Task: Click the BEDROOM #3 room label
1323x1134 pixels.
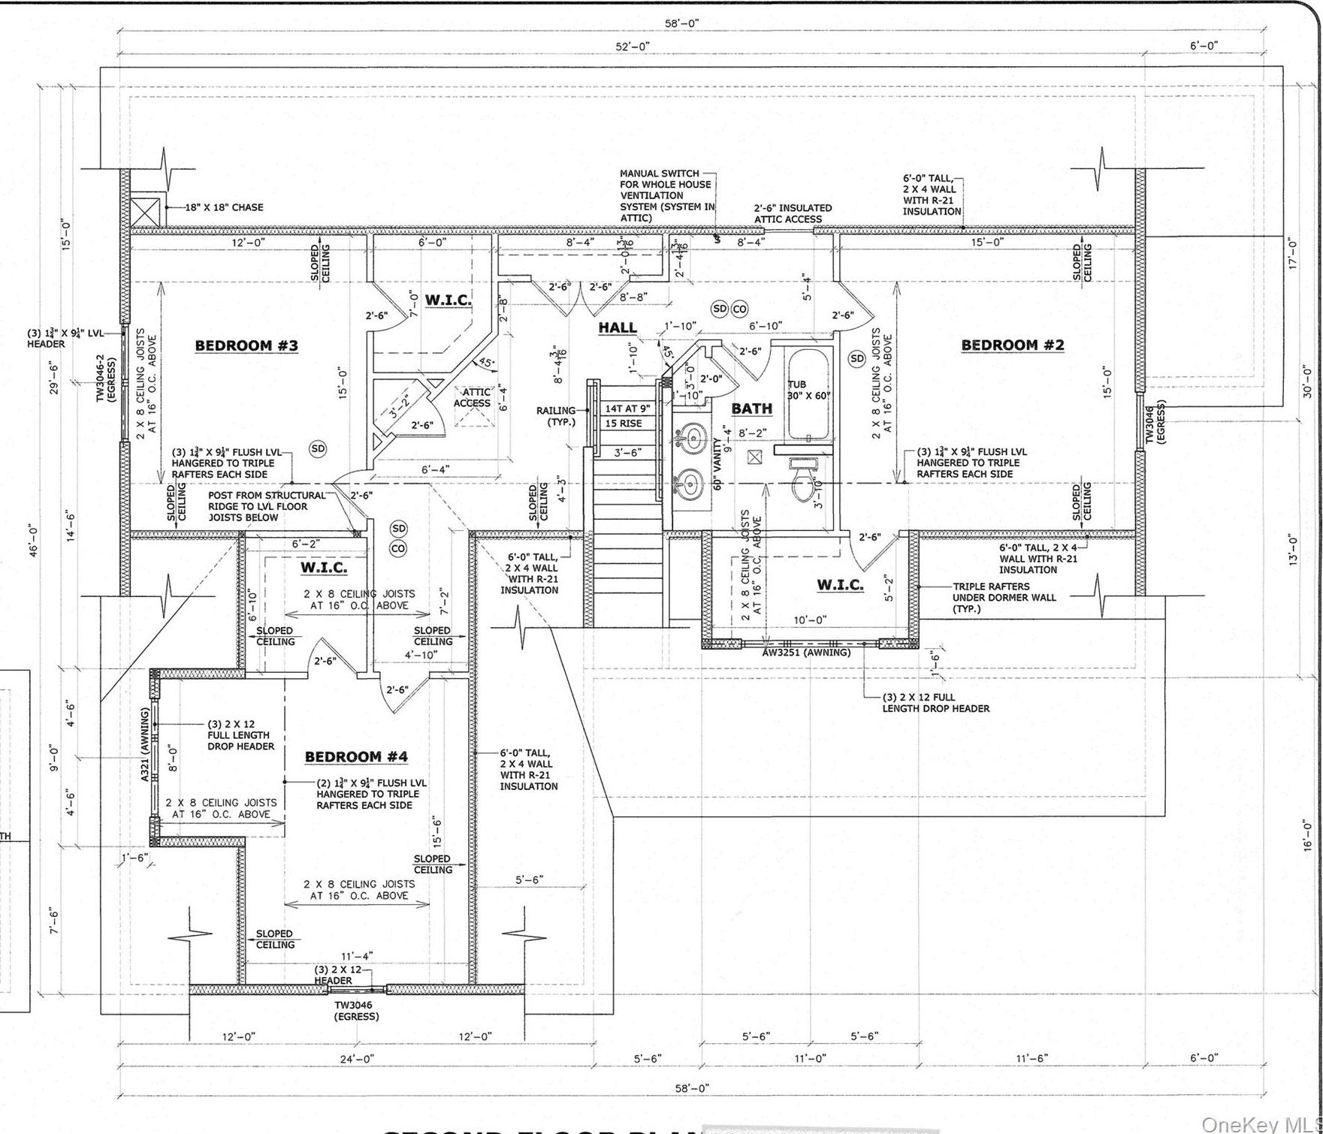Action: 246,345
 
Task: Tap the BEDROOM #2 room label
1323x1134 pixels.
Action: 1013,345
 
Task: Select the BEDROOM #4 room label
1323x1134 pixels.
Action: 356,756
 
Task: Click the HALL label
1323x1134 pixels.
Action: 618,327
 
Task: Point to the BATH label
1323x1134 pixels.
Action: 751,408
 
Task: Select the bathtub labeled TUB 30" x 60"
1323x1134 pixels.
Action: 808,394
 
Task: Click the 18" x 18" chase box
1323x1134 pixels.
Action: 145,211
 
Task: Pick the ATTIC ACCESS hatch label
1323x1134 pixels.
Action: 472,397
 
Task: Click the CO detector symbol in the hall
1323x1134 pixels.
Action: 740,309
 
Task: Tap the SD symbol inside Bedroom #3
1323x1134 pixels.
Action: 319,448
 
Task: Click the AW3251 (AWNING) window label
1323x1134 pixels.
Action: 806,653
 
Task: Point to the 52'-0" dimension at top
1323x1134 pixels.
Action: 633,47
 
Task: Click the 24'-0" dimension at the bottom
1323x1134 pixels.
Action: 355,1058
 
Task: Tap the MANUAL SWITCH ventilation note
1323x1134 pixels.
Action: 665,195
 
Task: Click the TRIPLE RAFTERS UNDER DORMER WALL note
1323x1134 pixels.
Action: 1004,598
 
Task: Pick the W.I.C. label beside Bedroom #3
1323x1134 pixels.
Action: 448,300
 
